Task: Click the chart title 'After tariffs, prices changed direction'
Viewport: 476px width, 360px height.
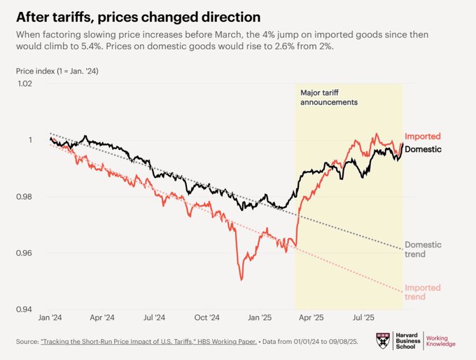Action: click(133, 15)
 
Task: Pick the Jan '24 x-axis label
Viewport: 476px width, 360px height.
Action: click(50, 317)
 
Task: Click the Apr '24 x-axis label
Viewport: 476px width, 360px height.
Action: click(102, 317)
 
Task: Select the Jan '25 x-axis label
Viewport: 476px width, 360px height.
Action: click(260, 317)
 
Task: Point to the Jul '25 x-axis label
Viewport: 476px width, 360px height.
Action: click(365, 317)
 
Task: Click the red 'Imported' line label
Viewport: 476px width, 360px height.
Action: click(423, 137)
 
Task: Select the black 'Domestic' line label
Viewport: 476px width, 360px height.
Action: click(423, 149)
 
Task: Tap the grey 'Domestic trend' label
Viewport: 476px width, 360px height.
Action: click(423, 249)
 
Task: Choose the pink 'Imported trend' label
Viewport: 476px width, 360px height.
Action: click(423, 292)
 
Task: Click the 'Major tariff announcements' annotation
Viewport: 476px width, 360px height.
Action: click(329, 97)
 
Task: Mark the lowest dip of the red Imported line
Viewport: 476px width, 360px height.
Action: click(241, 280)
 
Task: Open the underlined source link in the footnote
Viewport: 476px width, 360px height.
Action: click(136, 342)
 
